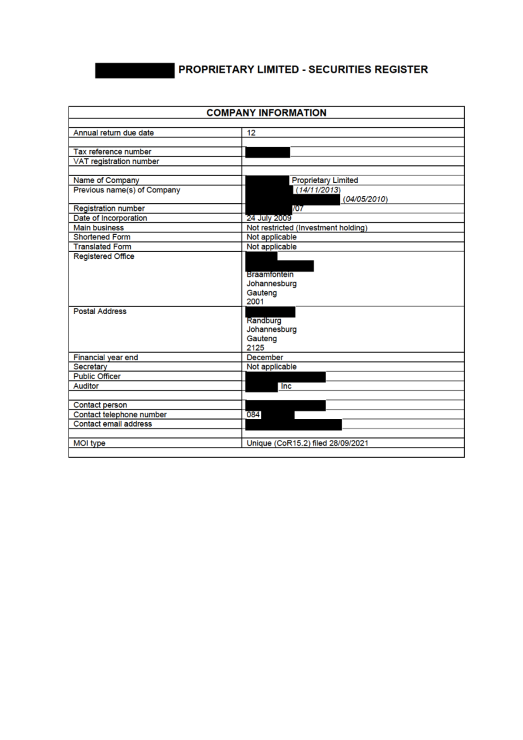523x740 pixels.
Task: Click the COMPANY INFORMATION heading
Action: pos(266,113)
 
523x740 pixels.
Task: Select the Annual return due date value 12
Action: pos(251,133)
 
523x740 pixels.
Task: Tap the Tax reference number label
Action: pos(112,152)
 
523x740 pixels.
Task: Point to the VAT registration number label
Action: pos(116,161)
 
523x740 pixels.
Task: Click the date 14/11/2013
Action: pos(319,190)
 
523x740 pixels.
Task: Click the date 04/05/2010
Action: pos(365,199)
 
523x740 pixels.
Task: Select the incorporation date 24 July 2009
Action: pos(269,218)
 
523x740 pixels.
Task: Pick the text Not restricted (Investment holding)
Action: pos(307,228)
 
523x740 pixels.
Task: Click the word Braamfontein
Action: pos(270,274)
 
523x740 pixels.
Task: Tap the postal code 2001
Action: pos(255,301)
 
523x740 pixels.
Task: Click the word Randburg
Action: pos(264,321)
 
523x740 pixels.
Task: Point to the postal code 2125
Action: pos(255,348)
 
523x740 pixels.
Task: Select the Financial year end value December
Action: pos(265,357)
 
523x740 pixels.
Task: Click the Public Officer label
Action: pos(97,377)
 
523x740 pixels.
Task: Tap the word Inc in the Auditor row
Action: pos(286,386)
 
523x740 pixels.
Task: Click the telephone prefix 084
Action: pos(253,415)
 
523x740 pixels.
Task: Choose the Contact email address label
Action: pos(112,424)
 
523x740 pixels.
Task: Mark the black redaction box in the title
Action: pos(135,70)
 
